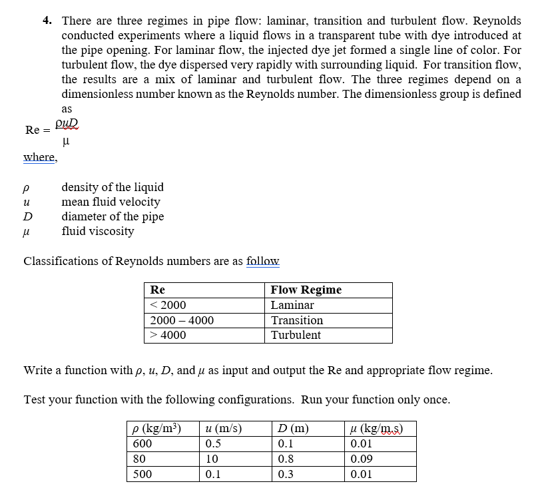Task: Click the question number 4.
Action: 47,21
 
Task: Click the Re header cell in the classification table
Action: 158,290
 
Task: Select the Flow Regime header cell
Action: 306,290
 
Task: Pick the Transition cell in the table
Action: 296,320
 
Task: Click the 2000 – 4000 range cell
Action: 182,320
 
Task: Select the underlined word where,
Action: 40,157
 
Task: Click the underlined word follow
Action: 262,261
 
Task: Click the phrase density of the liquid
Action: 112,187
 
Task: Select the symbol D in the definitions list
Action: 27,216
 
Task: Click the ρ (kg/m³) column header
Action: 157,428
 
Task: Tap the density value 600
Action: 142,443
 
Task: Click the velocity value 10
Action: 211,459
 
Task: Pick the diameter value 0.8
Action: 286,459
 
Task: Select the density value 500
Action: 142,474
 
